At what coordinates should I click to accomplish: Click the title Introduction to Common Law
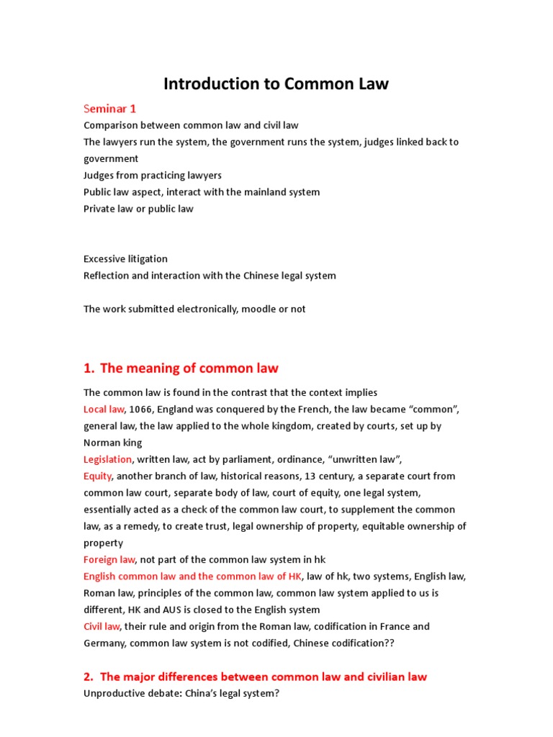pos(276,83)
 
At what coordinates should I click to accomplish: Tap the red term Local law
pos(104,409)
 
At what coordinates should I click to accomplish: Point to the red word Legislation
pos(107,459)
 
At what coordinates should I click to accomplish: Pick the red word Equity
pos(98,476)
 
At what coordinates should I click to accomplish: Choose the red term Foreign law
pos(109,559)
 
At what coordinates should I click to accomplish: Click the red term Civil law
pos(102,626)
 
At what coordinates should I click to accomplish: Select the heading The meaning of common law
pos(189,368)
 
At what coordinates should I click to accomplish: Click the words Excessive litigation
pos(125,259)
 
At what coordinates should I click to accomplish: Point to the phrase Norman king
pos(112,443)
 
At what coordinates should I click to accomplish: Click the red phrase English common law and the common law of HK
pos(193,576)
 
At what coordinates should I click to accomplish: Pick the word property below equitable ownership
pos(103,543)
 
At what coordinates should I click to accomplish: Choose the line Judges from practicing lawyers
pos(153,176)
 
